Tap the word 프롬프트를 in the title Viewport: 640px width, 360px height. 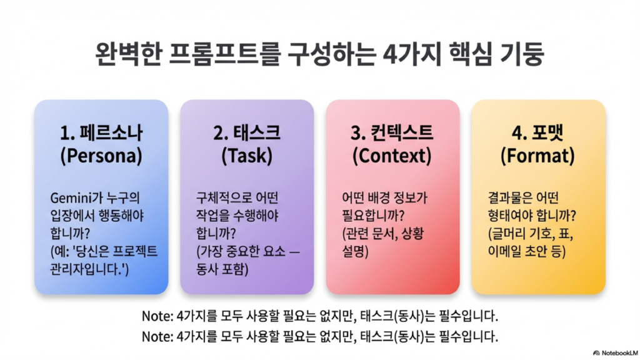coord(224,54)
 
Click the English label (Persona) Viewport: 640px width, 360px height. coord(101,156)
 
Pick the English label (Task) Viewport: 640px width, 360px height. coord(247,156)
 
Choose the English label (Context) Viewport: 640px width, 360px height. coord(392,156)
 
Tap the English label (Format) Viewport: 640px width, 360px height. coord(537,156)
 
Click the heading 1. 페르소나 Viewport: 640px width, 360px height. coord(101,133)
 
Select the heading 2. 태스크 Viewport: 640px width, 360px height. coord(247,133)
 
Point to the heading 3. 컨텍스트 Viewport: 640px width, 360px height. coord(392,133)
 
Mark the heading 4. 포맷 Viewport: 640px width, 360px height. coord(537,133)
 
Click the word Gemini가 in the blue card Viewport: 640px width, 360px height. coord(75,198)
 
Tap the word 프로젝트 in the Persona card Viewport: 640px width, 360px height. coord(135,251)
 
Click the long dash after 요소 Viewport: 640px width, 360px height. coord(294,252)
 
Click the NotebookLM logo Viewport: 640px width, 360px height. coord(616,353)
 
